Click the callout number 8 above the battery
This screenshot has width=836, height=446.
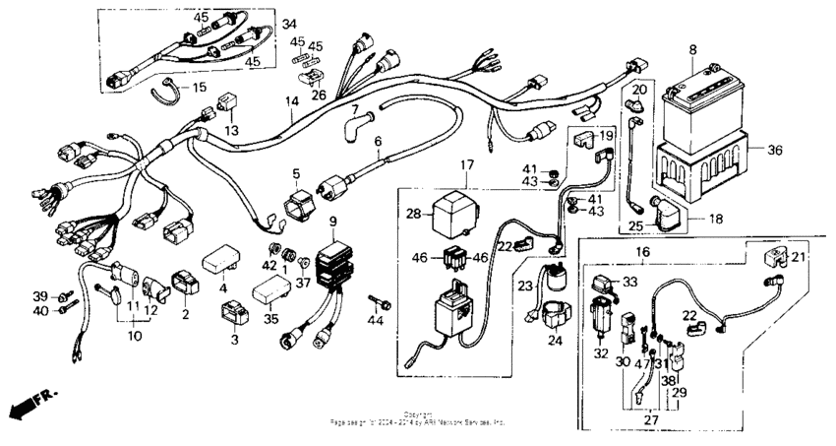(x=692, y=49)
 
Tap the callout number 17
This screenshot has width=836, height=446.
(x=466, y=165)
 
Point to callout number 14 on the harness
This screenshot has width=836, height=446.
(x=291, y=102)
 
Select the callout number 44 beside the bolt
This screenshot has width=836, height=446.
(x=375, y=322)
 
